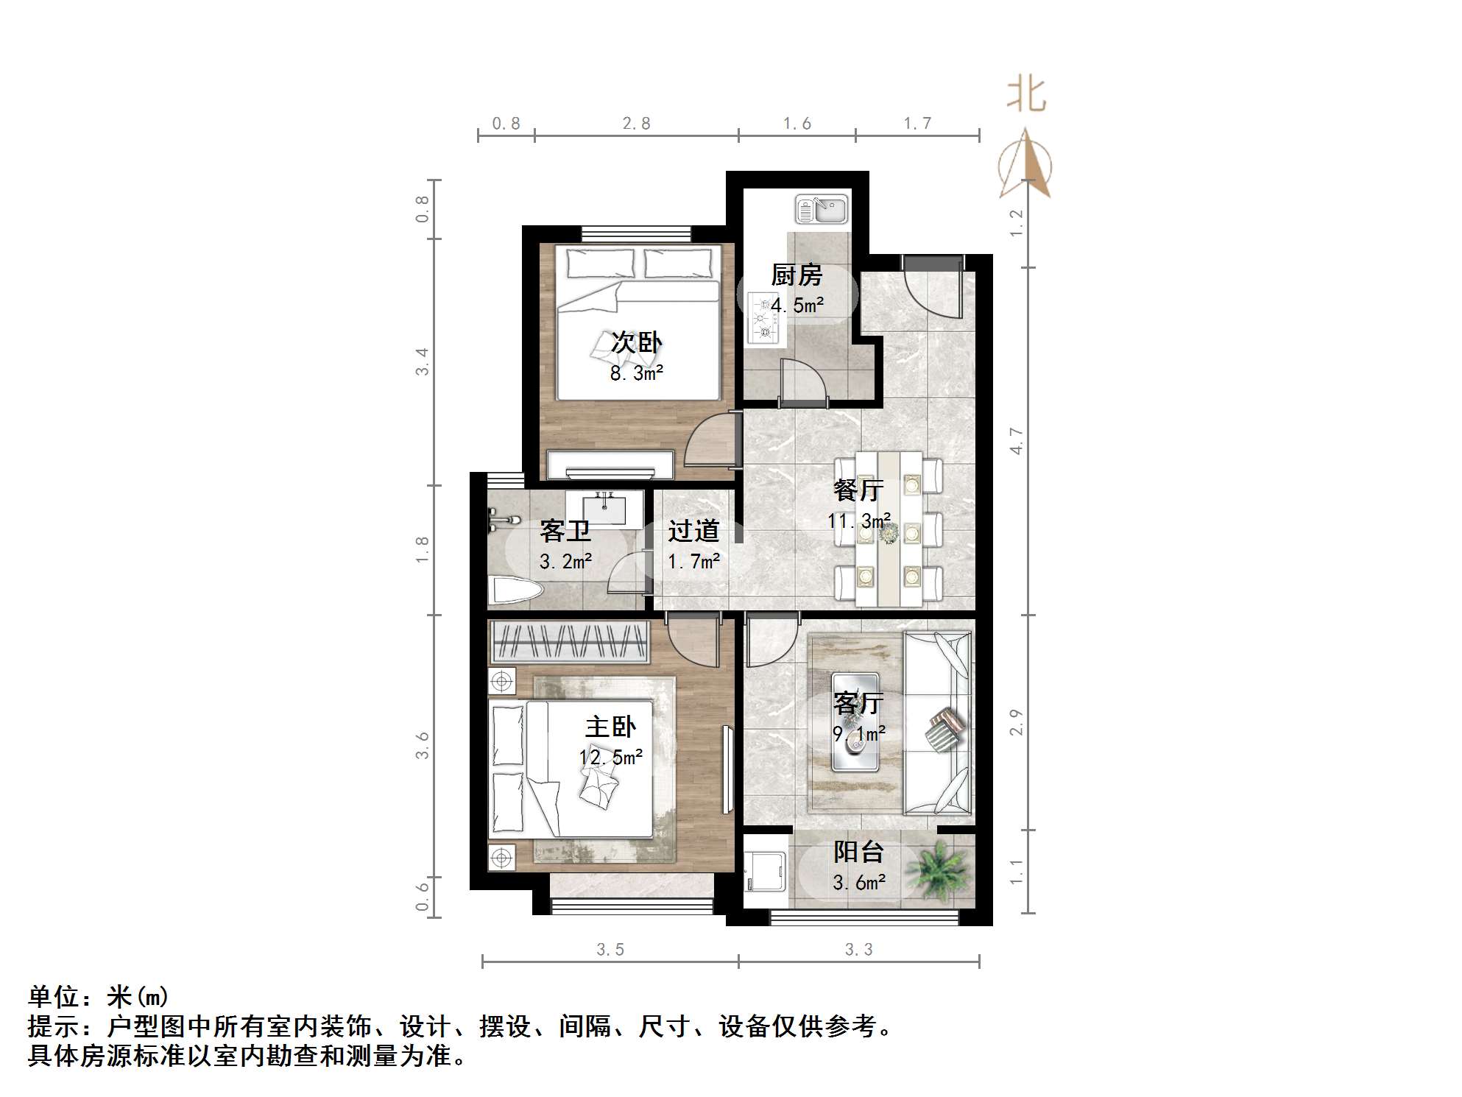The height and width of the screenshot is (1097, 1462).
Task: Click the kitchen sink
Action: [x=822, y=209]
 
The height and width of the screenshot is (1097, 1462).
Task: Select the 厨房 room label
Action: [x=797, y=275]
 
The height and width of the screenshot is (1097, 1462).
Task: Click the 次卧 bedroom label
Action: [x=637, y=342]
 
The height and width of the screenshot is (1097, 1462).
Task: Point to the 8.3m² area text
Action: [x=637, y=373]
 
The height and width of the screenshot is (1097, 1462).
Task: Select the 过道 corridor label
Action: [x=693, y=531]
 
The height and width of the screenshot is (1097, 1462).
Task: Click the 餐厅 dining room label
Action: [x=858, y=490]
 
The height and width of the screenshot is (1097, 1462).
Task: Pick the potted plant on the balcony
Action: [x=937, y=870]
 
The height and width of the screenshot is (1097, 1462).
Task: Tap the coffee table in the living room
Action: [x=855, y=722]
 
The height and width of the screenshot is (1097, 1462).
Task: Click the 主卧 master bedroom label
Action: [x=610, y=727]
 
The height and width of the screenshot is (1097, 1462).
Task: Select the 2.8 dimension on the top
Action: [x=636, y=124]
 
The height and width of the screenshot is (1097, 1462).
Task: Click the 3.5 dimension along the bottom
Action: [x=610, y=950]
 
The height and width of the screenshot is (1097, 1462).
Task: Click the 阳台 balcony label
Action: [x=858, y=852]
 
